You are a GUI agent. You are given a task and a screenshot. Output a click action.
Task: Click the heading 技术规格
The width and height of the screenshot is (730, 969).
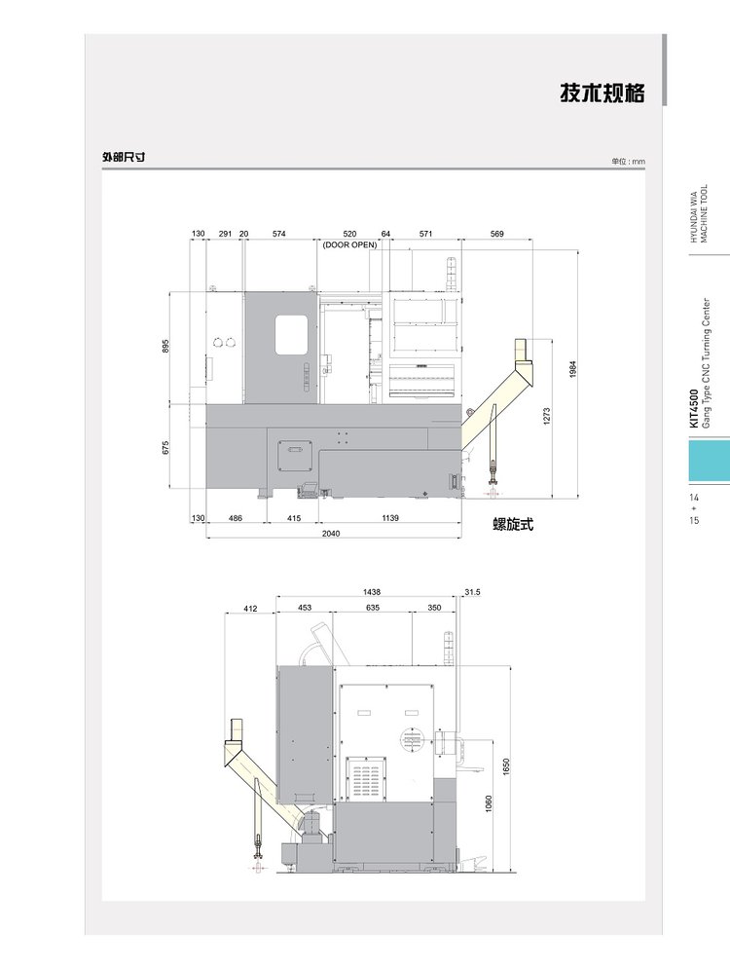pyautogui.click(x=602, y=93)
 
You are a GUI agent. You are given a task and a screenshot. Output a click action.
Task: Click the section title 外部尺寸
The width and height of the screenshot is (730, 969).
pyautogui.click(x=124, y=157)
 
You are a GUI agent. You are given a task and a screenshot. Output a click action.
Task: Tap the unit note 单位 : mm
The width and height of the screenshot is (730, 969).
pyautogui.click(x=628, y=162)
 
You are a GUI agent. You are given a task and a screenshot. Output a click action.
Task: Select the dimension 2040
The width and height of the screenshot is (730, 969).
pyautogui.click(x=331, y=534)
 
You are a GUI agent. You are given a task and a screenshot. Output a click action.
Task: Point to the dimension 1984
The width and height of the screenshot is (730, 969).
pyautogui.click(x=573, y=369)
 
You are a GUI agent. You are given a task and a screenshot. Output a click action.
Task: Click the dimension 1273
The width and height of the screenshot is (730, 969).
pyautogui.click(x=547, y=415)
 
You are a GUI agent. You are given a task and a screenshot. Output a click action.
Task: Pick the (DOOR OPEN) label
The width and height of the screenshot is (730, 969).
pyautogui.click(x=349, y=244)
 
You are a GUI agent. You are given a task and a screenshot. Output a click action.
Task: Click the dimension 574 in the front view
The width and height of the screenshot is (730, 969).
pyautogui.click(x=279, y=234)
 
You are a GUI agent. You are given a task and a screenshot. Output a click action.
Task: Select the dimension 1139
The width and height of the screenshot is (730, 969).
pyautogui.click(x=390, y=518)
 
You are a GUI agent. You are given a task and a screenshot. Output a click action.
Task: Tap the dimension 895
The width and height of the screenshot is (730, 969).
pyautogui.click(x=165, y=346)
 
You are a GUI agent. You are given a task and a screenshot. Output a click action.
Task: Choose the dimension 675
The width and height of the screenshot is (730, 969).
pyautogui.click(x=165, y=447)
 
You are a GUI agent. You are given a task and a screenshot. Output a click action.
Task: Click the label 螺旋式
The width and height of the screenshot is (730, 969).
pyautogui.click(x=513, y=524)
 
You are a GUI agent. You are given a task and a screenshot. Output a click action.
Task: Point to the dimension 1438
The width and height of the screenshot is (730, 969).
pyautogui.click(x=372, y=592)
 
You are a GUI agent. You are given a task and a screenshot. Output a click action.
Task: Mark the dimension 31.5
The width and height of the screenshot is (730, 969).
pyautogui.click(x=472, y=592)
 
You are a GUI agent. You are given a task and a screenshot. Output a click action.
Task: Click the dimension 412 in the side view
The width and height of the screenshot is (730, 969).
pyautogui.click(x=250, y=609)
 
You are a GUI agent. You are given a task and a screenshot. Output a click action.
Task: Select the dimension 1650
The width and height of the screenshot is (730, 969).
pyautogui.click(x=506, y=766)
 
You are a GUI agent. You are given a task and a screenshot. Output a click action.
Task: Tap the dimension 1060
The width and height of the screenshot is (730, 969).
pyautogui.click(x=490, y=804)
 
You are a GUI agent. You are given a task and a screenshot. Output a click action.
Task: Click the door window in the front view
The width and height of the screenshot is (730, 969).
pyautogui.click(x=291, y=335)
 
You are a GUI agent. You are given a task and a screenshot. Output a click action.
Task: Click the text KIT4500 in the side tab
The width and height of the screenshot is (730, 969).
pyautogui.click(x=694, y=408)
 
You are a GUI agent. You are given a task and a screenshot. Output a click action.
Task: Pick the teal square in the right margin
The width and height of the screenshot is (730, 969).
pyautogui.click(x=710, y=460)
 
